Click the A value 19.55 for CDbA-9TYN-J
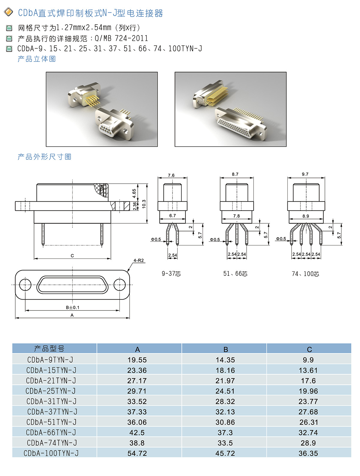(137, 360)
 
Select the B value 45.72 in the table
(225, 453)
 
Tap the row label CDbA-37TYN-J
(52, 411)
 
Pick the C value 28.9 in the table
(308, 443)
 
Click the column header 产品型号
(49, 348)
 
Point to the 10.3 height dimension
(144, 204)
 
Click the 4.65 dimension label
(134, 194)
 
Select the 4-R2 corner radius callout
(139, 261)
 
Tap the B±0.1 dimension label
(73, 307)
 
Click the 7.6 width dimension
(171, 175)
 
